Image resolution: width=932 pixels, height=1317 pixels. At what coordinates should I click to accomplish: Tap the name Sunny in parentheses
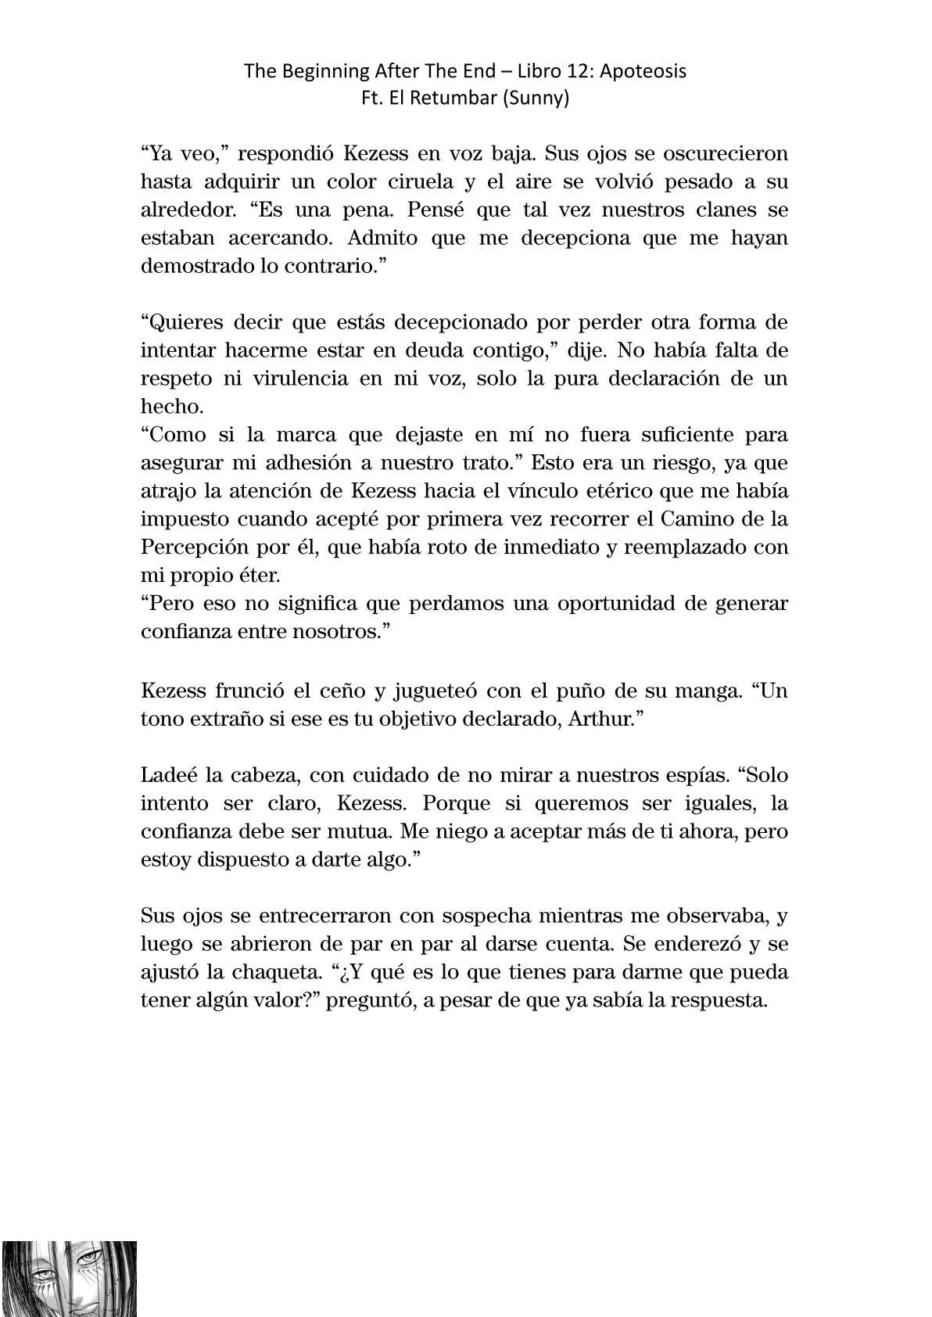pos(540,99)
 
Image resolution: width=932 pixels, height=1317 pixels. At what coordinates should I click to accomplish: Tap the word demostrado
pos(189,266)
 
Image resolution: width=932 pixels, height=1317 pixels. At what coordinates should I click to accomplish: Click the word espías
pos(697,775)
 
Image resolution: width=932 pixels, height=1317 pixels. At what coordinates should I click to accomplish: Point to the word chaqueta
pos(271,972)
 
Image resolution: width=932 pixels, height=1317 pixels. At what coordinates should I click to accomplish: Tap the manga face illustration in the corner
pos(70,1278)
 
